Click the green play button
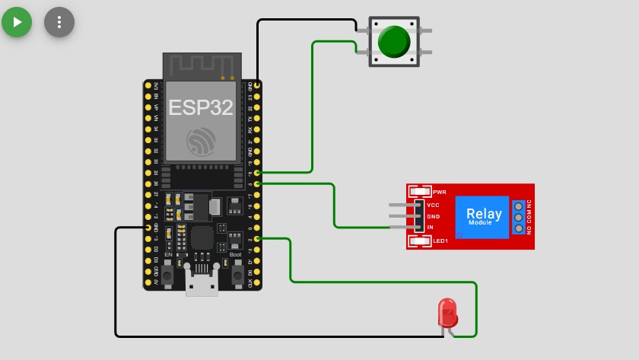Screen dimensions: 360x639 17,21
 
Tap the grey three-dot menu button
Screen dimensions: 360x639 59,21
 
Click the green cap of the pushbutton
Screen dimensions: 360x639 393,41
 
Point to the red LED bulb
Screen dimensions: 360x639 447,311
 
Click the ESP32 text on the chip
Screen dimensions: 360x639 201,107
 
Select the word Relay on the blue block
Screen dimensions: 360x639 484,214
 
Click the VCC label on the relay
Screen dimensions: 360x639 434,205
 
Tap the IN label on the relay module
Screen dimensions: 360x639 431,227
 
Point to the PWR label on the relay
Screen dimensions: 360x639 440,191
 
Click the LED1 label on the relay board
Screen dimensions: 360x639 441,241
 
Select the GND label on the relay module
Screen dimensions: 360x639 434,216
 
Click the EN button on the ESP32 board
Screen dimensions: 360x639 167,272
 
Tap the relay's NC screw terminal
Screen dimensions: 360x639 520,205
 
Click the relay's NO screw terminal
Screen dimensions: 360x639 520,228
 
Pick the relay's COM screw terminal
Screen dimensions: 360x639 520,217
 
